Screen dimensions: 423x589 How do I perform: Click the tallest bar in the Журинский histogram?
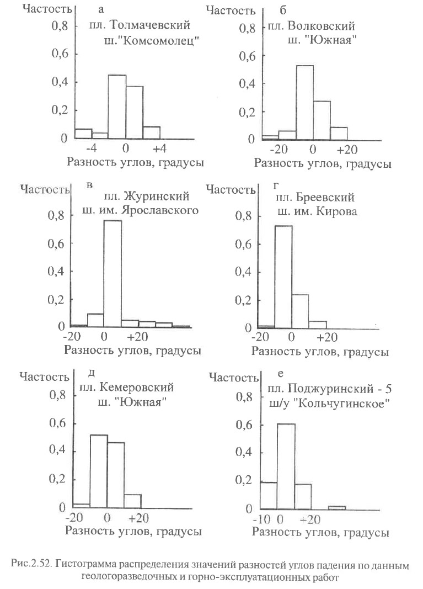pos(113,274)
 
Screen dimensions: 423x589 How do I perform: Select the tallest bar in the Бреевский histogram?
pos(283,277)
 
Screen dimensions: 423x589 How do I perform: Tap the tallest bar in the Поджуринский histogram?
pos(286,466)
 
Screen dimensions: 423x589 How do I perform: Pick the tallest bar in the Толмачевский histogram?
pos(117,107)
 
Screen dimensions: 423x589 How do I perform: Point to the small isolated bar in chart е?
pos(337,508)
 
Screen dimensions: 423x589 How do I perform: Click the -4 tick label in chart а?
pos(91,148)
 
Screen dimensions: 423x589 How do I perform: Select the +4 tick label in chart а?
pos(159,148)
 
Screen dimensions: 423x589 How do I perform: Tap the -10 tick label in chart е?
pos(261,519)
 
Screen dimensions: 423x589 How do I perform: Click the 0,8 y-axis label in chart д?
pos(57,395)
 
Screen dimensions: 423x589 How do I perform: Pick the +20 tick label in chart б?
pos(347,150)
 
